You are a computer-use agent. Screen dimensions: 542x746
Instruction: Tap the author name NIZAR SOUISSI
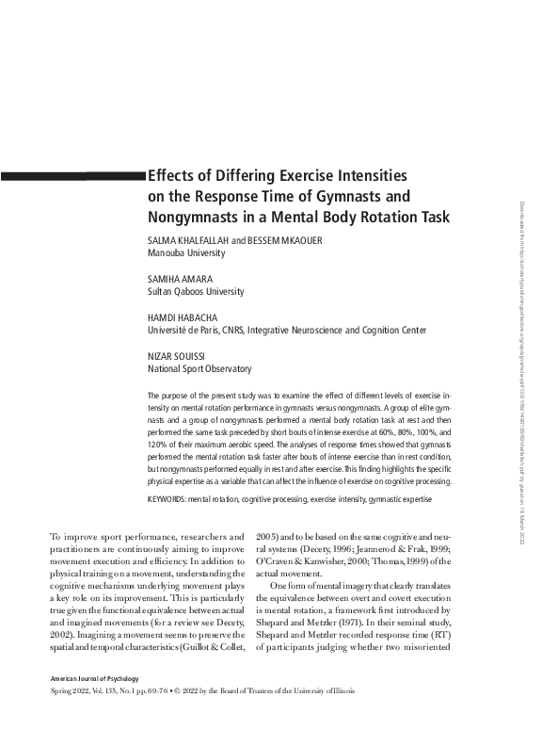pos(178,357)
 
